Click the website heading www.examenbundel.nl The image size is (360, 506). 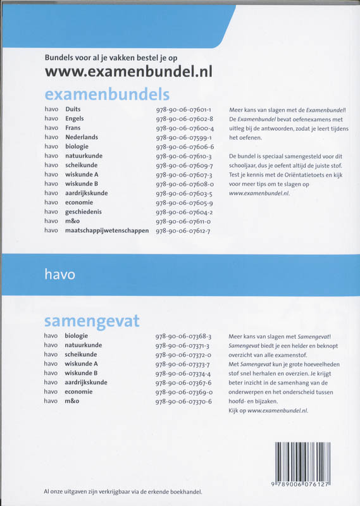coord(128,71)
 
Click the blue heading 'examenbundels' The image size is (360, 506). coord(107,95)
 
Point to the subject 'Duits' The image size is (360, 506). coord(73,109)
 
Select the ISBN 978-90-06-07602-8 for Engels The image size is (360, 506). coord(184,118)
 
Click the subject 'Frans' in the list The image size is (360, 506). coord(73,128)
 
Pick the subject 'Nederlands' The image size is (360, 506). coord(82,137)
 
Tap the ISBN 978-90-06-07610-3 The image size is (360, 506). coord(184,156)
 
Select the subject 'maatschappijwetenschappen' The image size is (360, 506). coord(107,230)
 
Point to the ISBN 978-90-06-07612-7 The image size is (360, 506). coord(184,230)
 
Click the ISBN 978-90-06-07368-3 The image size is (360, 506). coord(183,336)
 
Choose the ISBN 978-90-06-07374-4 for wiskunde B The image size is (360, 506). coord(183,373)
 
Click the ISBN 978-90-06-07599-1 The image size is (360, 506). coord(184,137)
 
